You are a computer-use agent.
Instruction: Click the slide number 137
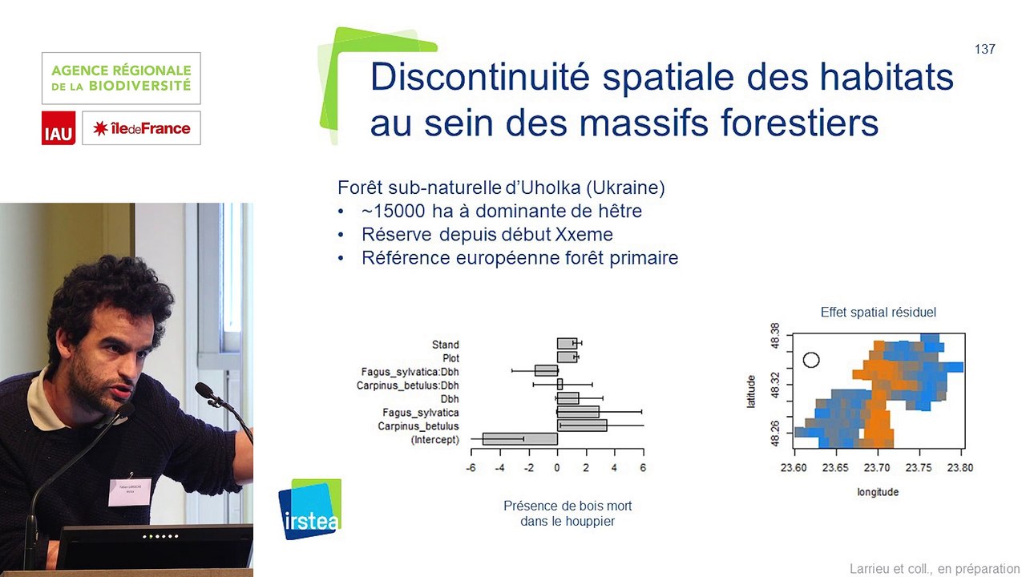[984, 50]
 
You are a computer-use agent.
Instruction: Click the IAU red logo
[59, 128]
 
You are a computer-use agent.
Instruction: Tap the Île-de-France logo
[141, 128]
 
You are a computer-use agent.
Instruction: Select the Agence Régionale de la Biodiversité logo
[121, 78]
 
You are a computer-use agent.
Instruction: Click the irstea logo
[309, 510]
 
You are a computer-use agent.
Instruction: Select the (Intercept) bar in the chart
[519, 439]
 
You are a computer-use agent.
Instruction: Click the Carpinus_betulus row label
[418, 426]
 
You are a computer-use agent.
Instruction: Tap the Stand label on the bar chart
[445, 345]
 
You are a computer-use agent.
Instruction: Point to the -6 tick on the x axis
[471, 467]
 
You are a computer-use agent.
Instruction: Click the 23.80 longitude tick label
[960, 468]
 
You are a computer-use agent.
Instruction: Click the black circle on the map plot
[811, 360]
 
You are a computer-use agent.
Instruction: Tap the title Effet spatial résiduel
[878, 313]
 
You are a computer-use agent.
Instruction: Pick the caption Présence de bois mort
[568, 506]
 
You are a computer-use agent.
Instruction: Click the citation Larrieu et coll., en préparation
[935, 568]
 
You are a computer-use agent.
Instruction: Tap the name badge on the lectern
[129, 492]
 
